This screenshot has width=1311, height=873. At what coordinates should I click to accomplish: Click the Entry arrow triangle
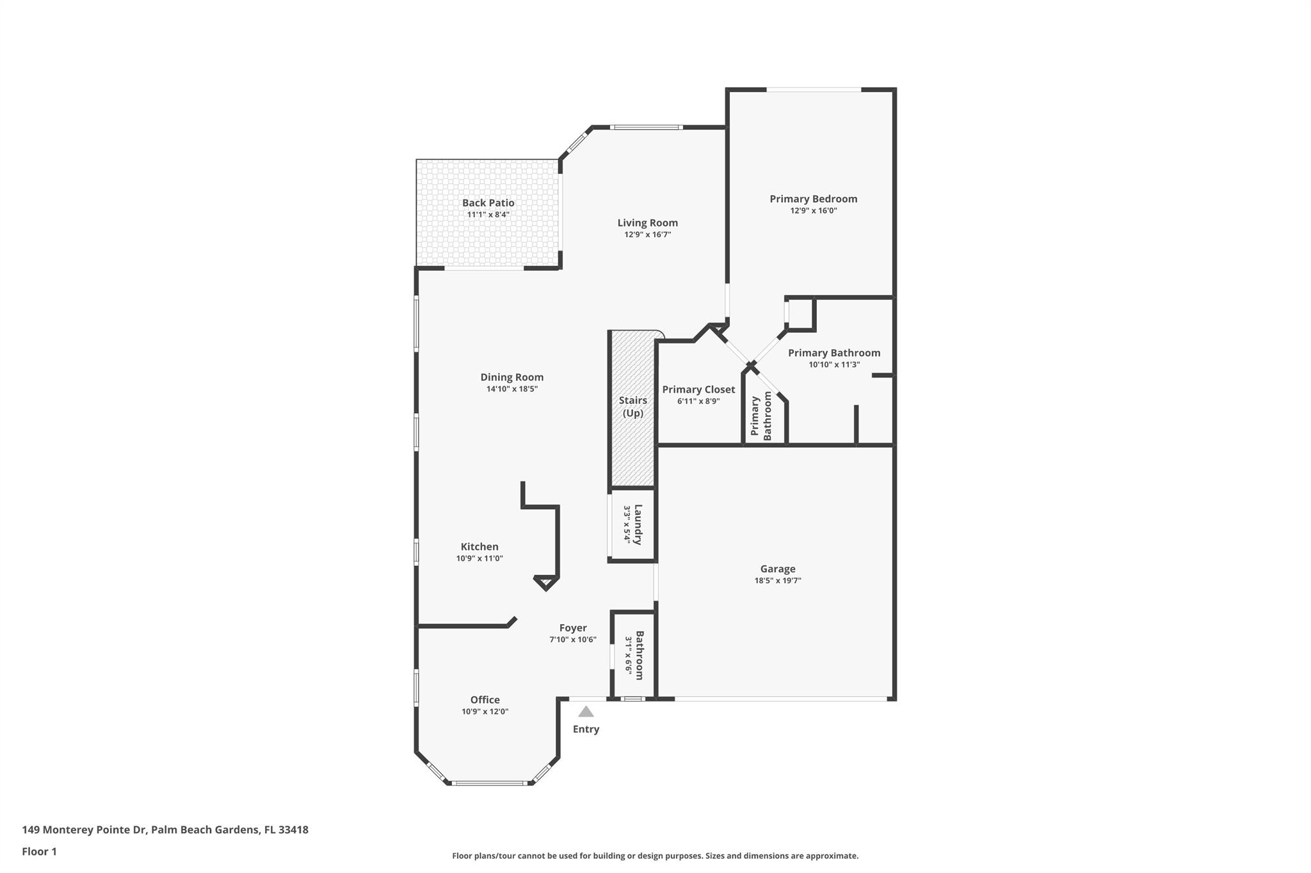point(586,712)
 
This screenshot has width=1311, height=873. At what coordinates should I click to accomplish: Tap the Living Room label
point(647,223)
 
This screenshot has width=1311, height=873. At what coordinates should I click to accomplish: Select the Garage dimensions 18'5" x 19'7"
point(778,581)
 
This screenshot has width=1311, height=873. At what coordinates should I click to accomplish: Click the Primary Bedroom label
point(813,199)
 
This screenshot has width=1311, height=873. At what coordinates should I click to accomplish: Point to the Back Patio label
point(488,203)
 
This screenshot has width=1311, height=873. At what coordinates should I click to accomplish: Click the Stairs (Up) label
point(633,407)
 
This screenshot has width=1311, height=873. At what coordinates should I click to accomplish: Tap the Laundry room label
point(638,524)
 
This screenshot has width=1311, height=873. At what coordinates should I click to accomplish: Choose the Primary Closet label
point(698,389)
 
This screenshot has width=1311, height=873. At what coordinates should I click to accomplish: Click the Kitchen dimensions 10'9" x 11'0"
point(479,558)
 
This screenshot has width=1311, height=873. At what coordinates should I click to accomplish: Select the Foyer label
point(573,628)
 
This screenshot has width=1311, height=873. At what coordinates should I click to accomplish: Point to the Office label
point(485,700)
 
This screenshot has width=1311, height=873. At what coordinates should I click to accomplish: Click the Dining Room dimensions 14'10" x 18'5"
point(512,389)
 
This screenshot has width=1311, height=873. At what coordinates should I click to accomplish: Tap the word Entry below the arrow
point(586,729)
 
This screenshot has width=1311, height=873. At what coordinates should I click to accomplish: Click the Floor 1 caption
point(39,851)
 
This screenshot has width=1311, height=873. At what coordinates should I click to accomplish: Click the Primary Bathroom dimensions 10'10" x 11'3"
point(834,365)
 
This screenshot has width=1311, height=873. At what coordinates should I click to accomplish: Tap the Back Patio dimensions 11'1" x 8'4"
point(488,215)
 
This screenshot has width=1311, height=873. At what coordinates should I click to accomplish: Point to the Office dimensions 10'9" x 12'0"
point(485,712)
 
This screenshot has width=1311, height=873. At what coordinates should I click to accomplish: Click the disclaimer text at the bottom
point(655,856)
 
